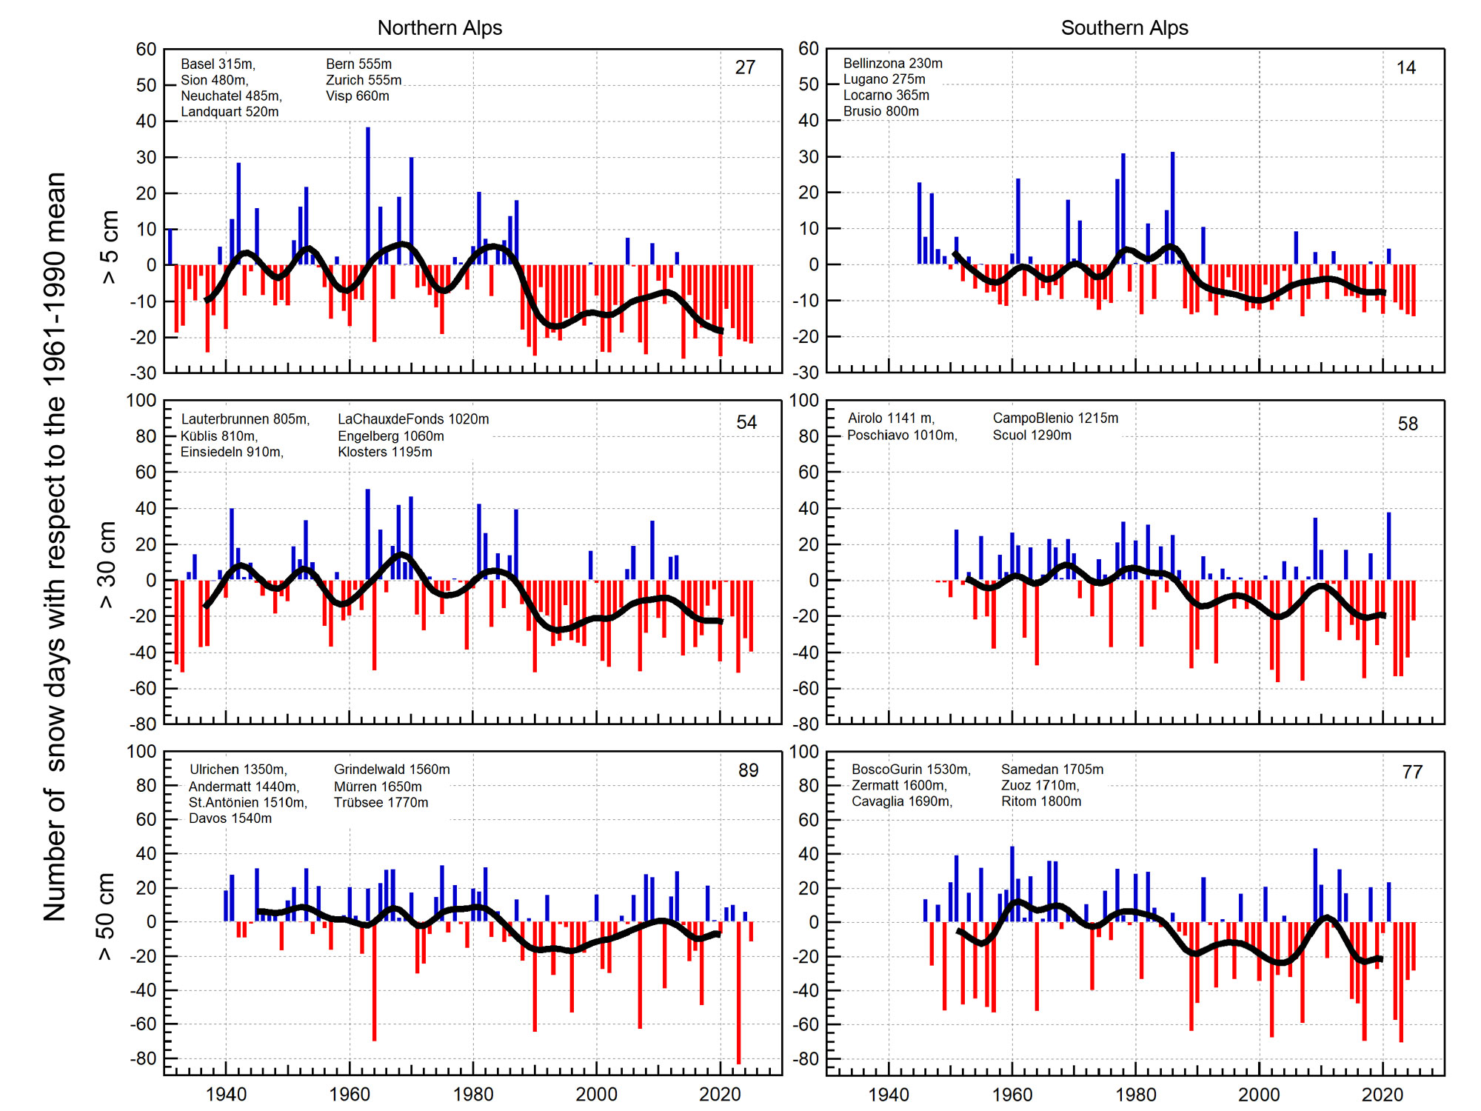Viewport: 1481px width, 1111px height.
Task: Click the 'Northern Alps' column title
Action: coord(439,28)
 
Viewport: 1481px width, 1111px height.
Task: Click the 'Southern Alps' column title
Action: coord(1124,28)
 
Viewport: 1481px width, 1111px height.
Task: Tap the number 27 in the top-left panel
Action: coord(745,67)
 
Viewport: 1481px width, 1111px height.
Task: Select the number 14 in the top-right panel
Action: coord(1405,68)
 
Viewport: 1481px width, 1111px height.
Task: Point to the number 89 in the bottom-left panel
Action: coord(748,770)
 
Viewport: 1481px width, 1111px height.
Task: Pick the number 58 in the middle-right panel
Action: coord(1407,424)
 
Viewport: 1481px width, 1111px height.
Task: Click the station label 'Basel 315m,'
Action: coord(218,64)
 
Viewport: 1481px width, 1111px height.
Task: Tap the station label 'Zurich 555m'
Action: coord(364,80)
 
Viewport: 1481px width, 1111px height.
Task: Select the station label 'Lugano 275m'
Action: coord(884,79)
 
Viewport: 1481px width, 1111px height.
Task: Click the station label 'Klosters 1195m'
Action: coord(384,452)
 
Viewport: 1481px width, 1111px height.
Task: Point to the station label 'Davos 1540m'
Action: coord(230,818)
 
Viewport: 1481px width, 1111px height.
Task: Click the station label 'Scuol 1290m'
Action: coord(1032,435)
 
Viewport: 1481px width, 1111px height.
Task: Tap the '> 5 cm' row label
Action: coord(110,247)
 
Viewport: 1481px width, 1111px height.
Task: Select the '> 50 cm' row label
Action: coord(105,916)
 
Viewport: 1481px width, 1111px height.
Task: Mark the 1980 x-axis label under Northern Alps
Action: coord(472,1094)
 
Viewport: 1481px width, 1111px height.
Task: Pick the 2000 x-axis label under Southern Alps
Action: coord(1259,1094)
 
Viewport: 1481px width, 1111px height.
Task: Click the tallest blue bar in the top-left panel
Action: coord(368,196)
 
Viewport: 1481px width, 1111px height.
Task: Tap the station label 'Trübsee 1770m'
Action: coord(381,802)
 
